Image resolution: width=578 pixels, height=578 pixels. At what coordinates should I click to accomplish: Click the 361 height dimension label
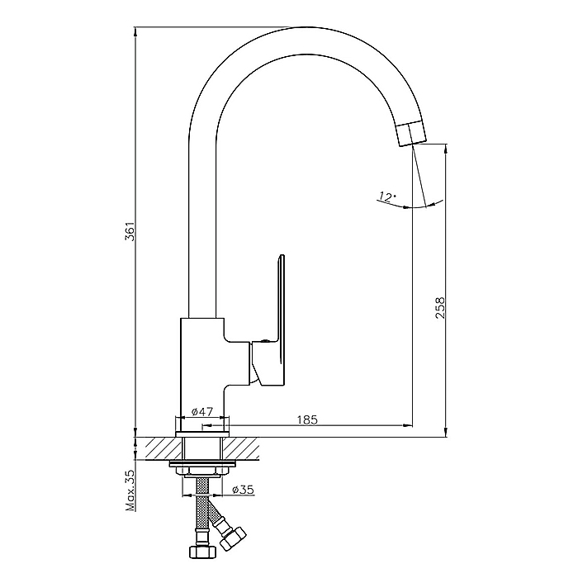[130, 231]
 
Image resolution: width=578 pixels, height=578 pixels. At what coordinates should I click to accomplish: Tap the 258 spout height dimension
[440, 308]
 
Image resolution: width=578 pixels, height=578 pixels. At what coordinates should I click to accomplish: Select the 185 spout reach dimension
[306, 419]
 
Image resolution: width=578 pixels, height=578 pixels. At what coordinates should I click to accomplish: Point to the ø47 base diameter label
[202, 411]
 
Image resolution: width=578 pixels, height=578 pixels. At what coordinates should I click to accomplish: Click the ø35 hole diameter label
[244, 490]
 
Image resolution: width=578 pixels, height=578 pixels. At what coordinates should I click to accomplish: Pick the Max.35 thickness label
[130, 490]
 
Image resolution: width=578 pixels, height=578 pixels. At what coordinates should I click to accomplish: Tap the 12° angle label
[386, 197]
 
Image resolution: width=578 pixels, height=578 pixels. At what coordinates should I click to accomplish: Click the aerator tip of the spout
[411, 134]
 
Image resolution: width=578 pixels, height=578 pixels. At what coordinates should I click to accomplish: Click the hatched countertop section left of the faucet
[159, 448]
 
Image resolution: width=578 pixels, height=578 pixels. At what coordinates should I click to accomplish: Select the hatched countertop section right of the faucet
[241, 448]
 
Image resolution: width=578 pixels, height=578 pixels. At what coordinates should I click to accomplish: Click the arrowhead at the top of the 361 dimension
[135, 31]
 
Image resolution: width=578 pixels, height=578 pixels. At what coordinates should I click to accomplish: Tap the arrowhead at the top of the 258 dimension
[447, 148]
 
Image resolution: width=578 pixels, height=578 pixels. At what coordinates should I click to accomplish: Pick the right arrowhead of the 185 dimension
[408, 426]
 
